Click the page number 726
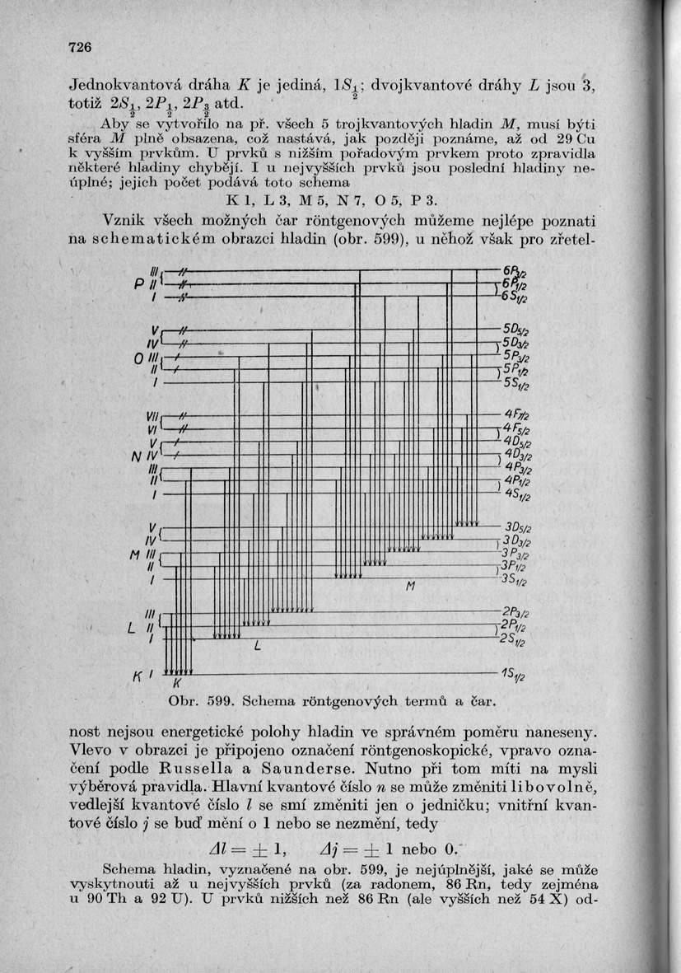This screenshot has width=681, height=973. pos(78,47)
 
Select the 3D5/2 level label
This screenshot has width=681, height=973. pos(517,527)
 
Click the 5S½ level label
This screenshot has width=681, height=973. pos(517,385)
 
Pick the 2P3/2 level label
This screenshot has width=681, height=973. pos(515,612)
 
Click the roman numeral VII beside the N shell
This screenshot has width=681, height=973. pos(149,414)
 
